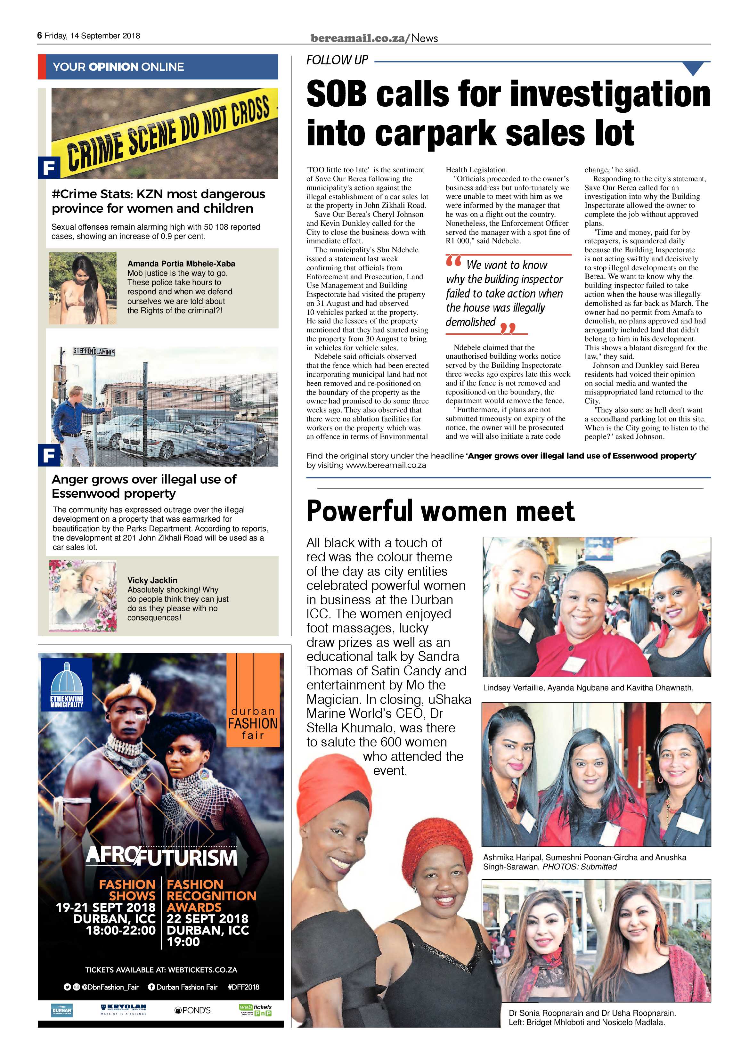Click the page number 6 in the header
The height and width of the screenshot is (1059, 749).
point(40,36)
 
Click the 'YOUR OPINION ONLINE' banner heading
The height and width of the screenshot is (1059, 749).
point(118,67)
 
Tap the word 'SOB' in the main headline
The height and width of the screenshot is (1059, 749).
point(336,94)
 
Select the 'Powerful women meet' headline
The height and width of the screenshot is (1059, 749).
point(440,511)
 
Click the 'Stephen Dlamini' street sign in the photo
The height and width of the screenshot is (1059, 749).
point(93,352)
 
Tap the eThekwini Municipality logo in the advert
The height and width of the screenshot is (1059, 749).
point(66,685)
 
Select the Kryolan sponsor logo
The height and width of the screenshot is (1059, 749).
point(123,1022)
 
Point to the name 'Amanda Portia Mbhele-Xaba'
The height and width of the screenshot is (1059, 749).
point(181,264)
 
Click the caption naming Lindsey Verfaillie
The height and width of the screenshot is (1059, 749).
point(588,688)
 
